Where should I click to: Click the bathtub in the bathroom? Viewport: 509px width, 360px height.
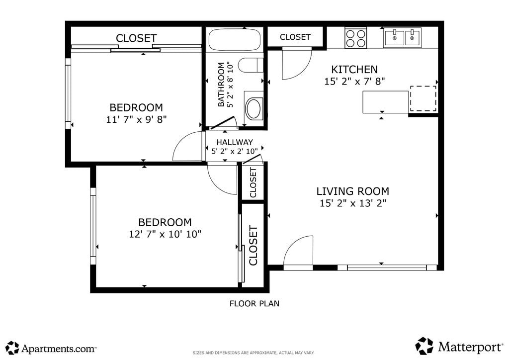click(235, 40)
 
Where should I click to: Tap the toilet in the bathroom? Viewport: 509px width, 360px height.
click(251, 65)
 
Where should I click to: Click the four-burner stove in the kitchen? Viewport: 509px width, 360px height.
click(356, 38)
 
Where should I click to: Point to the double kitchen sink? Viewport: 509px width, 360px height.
click(403, 38)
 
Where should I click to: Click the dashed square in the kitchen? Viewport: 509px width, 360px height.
click(424, 98)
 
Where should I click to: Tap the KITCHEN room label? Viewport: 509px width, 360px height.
click(354, 70)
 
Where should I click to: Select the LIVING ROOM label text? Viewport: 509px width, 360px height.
click(352, 191)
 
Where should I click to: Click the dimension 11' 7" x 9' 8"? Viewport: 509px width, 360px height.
click(136, 119)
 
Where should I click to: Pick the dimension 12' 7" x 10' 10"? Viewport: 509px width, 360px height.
click(165, 234)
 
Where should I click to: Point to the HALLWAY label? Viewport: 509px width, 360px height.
click(235, 142)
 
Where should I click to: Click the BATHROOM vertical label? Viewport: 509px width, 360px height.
click(221, 85)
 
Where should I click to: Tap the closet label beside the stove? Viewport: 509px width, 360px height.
click(295, 37)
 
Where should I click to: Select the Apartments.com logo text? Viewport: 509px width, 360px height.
click(59, 349)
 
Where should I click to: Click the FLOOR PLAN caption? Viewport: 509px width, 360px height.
click(254, 304)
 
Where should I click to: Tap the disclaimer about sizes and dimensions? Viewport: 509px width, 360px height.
click(254, 353)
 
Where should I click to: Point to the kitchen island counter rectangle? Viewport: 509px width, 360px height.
click(386, 102)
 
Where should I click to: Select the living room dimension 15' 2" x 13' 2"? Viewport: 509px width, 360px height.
click(353, 203)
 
